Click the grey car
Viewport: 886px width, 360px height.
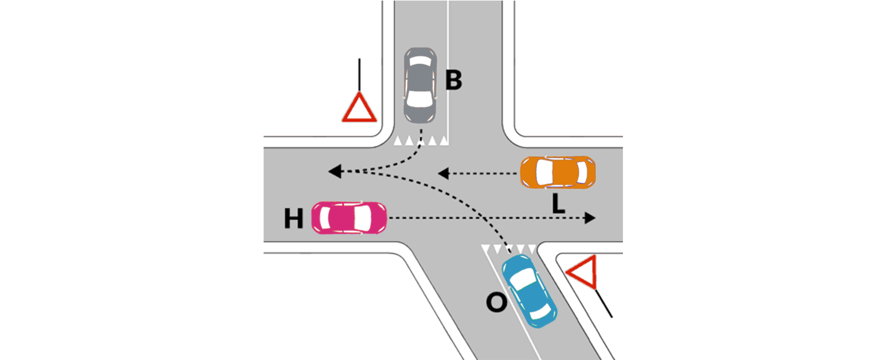(x=420, y=85)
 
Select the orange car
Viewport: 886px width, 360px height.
(x=558, y=172)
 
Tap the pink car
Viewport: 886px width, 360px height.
(x=349, y=218)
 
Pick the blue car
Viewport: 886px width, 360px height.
(x=529, y=291)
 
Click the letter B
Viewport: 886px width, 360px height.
(x=454, y=80)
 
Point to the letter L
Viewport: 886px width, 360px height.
(x=558, y=204)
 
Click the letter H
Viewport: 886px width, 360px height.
(x=293, y=218)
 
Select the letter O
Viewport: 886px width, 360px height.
(x=496, y=302)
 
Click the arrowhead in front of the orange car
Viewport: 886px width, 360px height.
(x=443, y=173)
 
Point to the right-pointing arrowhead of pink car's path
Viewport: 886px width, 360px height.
(x=590, y=218)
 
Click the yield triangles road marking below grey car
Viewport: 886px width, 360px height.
(x=421, y=141)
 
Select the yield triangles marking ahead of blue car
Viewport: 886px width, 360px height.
(x=509, y=249)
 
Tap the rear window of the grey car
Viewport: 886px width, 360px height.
(x=420, y=61)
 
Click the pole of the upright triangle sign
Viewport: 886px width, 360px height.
(x=359, y=75)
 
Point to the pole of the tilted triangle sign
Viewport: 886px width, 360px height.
(x=604, y=303)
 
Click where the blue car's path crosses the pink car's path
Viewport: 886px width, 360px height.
(x=484, y=218)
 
